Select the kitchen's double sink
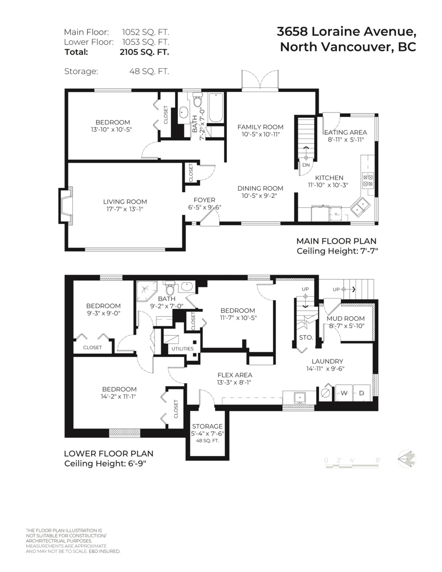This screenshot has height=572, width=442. [360, 206]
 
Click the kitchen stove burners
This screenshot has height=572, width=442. [368, 180]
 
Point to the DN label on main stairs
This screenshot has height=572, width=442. [306, 165]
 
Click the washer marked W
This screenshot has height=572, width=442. [343, 393]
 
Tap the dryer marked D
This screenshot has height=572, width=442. [361, 393]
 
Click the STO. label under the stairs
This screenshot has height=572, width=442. [305, 337]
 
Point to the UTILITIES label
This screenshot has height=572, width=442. [182, 348]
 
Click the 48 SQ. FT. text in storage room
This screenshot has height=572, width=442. [207, 441]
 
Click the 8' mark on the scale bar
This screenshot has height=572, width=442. [378, 460]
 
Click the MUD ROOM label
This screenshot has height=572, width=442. [346, 318]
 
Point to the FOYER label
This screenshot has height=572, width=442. [204, 200]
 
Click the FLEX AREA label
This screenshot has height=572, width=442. [235, 375]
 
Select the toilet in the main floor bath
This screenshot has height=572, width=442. [198, 101]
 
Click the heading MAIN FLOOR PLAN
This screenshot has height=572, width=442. [336, 241]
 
